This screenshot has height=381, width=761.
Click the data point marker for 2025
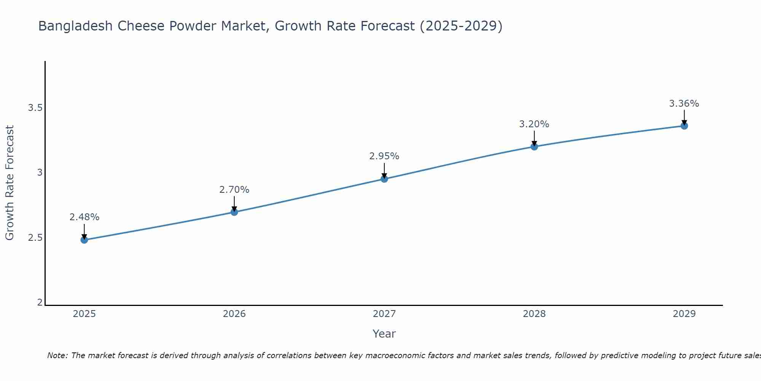point(84,240)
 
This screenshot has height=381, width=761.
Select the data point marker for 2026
point(234,212)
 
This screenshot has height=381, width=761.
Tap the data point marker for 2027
point(384,179)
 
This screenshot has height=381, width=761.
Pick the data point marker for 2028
point(534,146)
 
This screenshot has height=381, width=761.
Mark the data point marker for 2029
point(684,126)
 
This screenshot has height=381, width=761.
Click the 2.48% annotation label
point(84,217)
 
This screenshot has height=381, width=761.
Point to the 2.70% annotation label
point(234,190)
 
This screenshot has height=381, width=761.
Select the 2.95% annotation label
point(384,156)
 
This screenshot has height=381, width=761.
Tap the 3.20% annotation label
point(534,124)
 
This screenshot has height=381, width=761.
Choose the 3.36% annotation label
point(684,104)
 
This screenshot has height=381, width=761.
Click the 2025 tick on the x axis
point(84,314)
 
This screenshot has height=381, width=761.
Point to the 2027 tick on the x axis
point(384,314)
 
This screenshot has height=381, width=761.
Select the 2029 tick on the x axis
point(684,314)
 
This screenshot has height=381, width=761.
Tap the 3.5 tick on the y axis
point(35,108)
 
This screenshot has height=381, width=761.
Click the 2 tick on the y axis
point(40,303)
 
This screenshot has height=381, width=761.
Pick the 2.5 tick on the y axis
point(35,238)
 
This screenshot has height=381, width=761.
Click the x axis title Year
point(384,334)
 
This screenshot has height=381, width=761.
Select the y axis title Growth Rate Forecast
point(10,183)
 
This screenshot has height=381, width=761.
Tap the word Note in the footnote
point(57,355)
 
